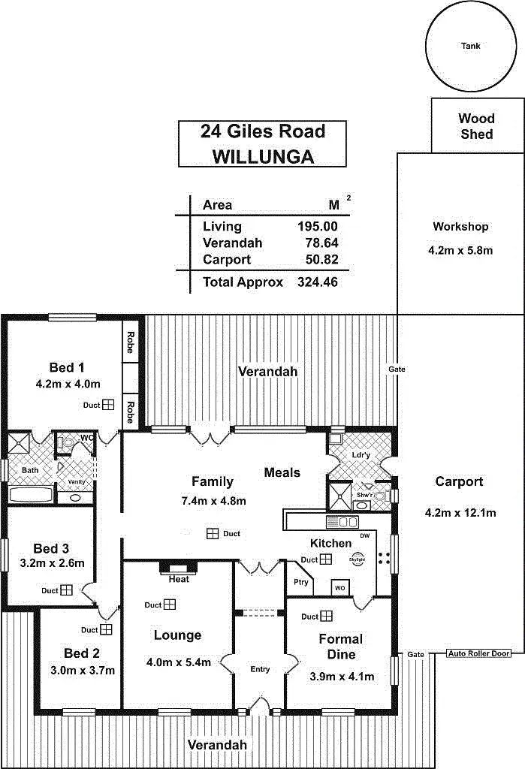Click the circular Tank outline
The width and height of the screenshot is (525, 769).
[471, 47]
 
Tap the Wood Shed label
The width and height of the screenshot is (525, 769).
[476, 126]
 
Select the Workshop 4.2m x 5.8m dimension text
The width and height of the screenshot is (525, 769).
[461, 250]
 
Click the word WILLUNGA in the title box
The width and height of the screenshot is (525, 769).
[262, 155]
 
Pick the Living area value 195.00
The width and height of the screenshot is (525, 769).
[318, 226]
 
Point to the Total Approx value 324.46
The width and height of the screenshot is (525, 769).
[318, 282]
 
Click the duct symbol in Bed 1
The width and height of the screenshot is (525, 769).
[108, 405]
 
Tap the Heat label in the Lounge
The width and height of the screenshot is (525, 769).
[179, 579]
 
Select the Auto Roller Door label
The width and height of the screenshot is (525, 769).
[478, 653]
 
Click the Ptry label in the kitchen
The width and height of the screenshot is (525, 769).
[301, 582]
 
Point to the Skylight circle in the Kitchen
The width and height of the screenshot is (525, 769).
[358, 559]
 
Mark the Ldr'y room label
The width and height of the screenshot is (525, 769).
[361, 455]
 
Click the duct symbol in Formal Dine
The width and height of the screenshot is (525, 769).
[327, 617]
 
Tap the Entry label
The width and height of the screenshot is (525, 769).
[260, 669]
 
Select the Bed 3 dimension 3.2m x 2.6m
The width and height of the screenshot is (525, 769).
[52, 562]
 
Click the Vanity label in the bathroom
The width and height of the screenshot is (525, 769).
[77, 481]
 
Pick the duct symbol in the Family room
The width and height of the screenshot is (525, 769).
[213, 533]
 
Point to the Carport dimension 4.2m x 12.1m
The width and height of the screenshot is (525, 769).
[460, 513]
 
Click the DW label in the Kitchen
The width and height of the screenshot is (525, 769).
[364, 535]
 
